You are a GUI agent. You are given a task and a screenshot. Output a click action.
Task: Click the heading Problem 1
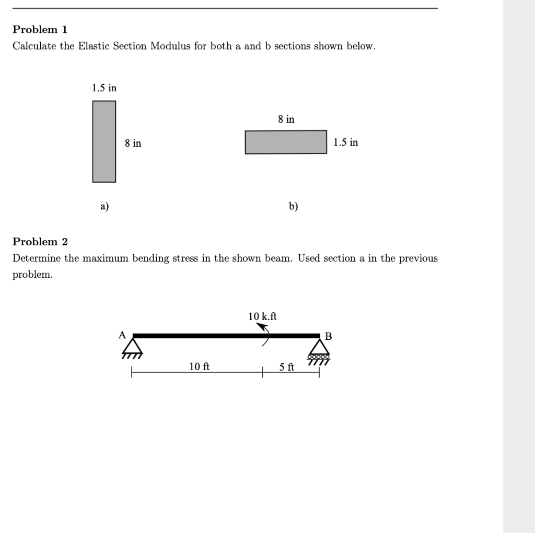point(40,29)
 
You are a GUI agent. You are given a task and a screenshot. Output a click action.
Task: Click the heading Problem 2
point(40,242)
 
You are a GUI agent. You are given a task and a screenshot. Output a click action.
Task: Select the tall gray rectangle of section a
point(104,141)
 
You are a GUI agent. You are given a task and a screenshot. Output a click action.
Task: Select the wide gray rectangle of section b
point(286,142)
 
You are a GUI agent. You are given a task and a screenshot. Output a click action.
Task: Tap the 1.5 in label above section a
point(104,88)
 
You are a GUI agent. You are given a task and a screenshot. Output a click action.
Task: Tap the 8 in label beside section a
point(133,143)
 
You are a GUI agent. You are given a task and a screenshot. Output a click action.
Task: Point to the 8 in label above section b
point(286,120)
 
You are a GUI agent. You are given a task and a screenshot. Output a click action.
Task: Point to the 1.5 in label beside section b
point(346,143)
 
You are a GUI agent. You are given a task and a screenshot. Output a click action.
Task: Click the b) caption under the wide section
point(293,206)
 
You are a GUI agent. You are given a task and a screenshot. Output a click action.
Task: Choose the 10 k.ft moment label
point(262,316)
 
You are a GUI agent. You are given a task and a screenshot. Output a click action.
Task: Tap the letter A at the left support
point(122,335)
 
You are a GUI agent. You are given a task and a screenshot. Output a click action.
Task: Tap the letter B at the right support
point(328,336)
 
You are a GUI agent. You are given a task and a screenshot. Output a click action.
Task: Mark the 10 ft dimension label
point(199,366)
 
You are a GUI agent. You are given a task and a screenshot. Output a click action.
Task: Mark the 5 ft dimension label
point(286,367)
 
